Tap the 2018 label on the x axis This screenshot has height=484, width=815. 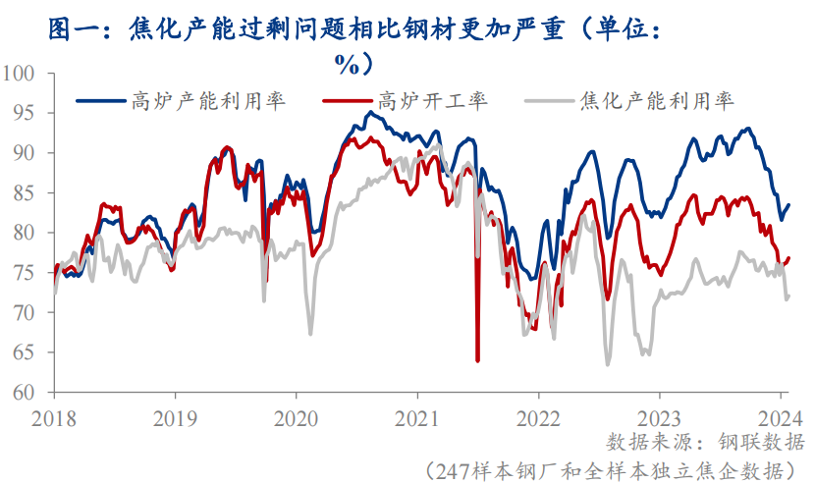pos(53,415)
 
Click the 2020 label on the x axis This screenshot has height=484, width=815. pos(296,415)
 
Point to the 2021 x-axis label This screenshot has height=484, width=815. pos(417,415)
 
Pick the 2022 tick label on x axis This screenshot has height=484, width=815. pos(539,415)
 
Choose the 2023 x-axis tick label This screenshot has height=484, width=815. pos(660,415)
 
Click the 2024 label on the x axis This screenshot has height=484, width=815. pos(782,415)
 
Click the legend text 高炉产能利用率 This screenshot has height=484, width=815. pos(208,99)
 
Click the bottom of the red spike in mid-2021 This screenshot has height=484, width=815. pos(477,360)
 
